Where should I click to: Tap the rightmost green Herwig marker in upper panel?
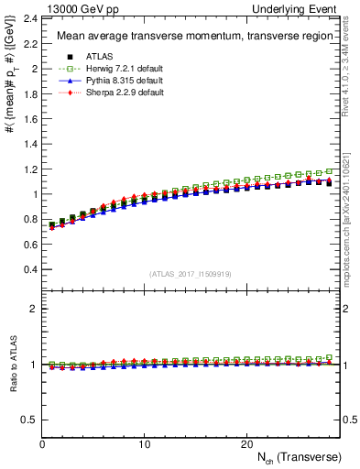[x=329, y=171]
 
